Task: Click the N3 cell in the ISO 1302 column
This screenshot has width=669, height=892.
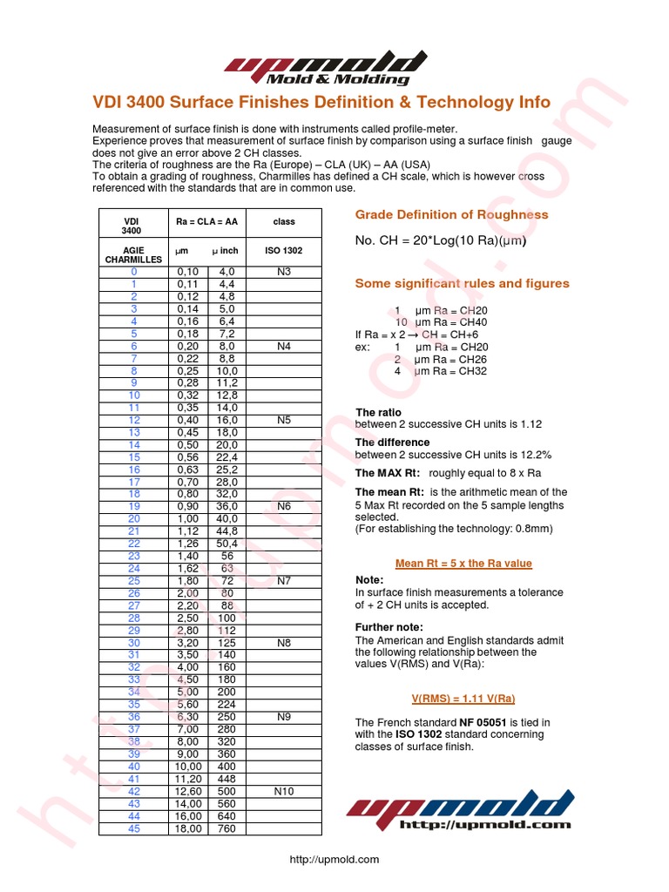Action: pos(284,272)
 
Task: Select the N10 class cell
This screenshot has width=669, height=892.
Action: pos(284,792)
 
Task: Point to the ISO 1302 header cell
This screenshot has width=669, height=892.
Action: pos(284,251)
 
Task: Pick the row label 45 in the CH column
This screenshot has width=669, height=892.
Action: pos(134,828)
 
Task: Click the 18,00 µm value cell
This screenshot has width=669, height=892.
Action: pos(189,828)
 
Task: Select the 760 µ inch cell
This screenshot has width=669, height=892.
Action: pos(227,828)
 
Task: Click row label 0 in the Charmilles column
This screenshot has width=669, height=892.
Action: pos(134,272)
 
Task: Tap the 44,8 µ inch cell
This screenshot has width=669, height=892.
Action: pos(227,531)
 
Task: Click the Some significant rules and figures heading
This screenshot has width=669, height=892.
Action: pos(462,283)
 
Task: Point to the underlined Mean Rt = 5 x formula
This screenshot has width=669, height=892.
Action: pos(463,564)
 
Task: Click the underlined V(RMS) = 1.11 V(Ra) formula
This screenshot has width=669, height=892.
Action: pos(462,699)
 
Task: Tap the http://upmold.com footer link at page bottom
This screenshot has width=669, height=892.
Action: pos(334,860)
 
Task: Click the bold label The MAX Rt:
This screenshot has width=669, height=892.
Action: pos(388,473)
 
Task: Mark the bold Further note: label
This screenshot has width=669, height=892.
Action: pos(389,627)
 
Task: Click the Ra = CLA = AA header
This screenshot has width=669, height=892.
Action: pos(206,222)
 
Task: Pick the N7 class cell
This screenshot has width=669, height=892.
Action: pos(284,580)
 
